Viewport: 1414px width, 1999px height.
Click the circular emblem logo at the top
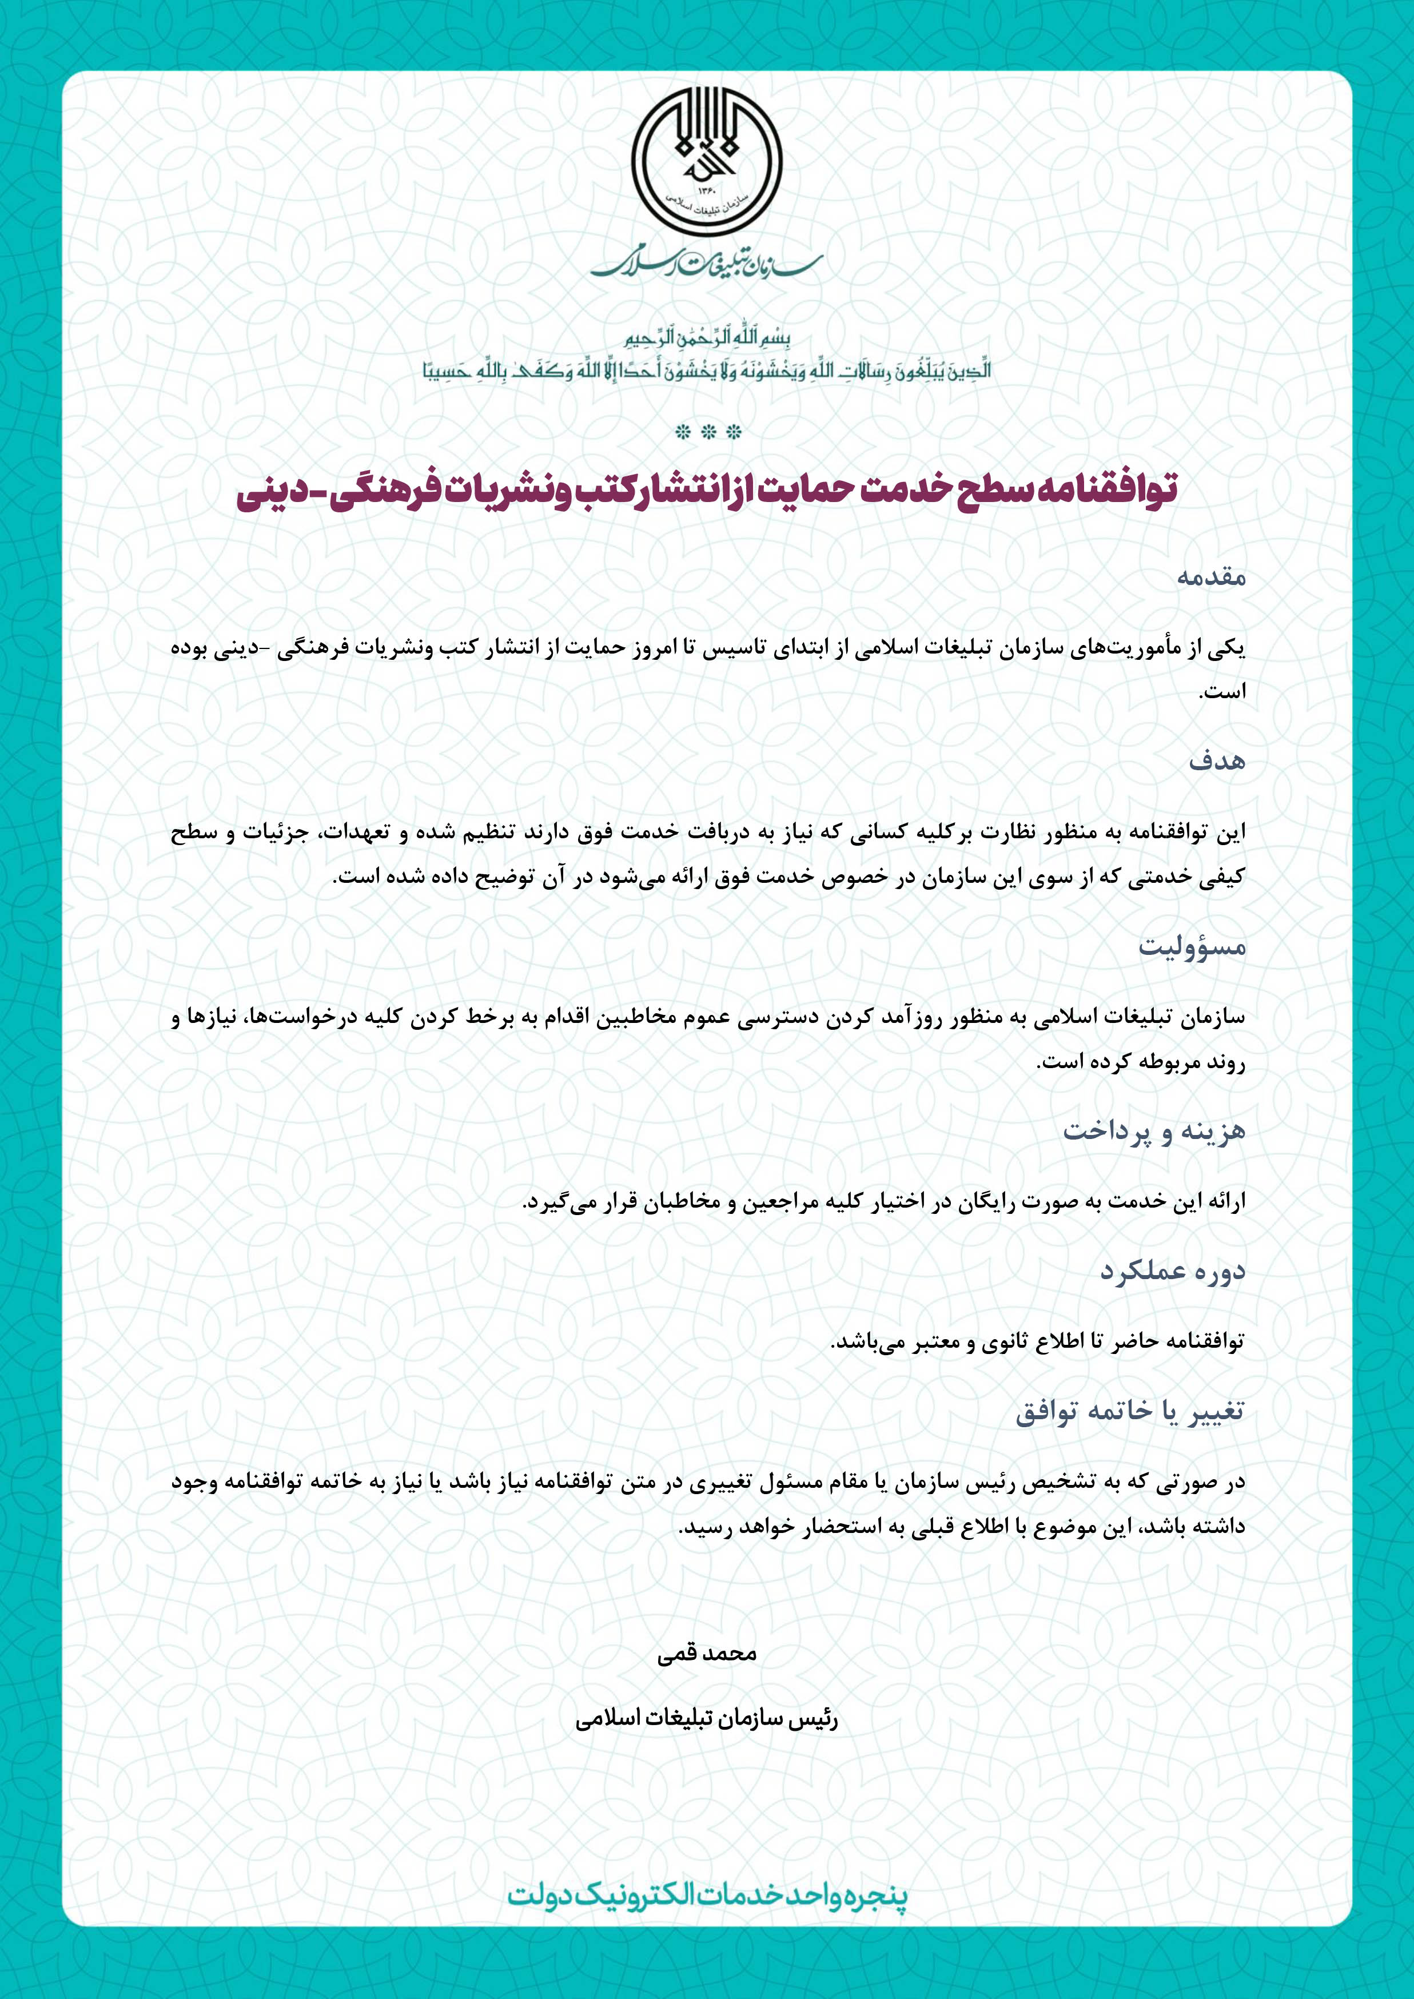[x=706, y=165]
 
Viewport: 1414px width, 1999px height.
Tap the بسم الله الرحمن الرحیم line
[x=707, y=337]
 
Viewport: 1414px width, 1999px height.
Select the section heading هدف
[x=1217, y=761]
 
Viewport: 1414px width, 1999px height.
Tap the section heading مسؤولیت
[x=1192, y=946]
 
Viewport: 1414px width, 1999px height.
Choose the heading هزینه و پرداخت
[x=1154, y=1131]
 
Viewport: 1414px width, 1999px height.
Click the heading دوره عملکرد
[x=1173, y=1271]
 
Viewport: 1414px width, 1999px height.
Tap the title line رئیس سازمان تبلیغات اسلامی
[x=706, y=1719]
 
